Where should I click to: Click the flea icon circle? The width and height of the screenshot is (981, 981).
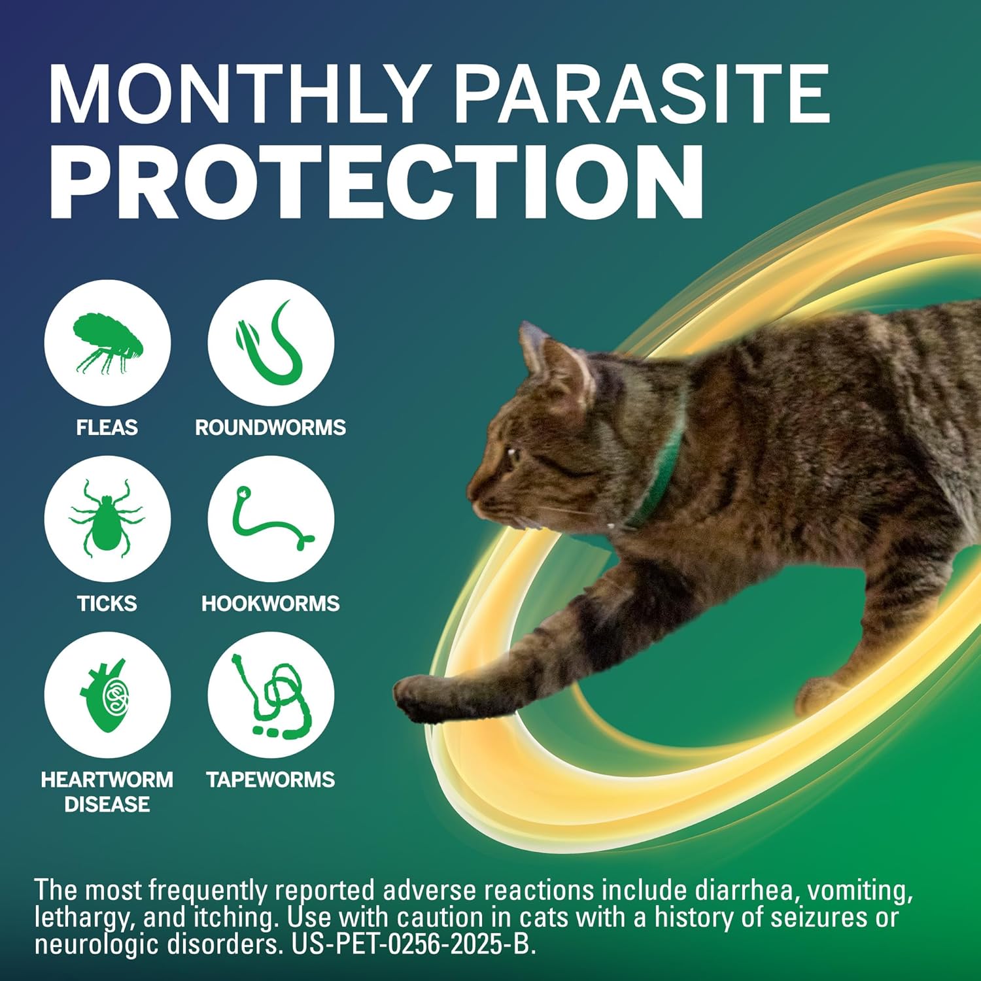point(107,343)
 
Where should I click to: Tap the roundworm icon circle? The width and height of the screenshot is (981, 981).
point(271,343)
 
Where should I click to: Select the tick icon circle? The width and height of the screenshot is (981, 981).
point(107,519)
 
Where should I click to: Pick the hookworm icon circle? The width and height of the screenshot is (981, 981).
point(271,519)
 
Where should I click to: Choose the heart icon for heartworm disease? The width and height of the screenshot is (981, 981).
point(107,695)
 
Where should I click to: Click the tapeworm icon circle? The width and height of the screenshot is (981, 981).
point(271,695)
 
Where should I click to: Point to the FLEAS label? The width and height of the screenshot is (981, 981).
point(107,428)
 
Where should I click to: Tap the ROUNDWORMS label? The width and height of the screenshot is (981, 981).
point(271,428)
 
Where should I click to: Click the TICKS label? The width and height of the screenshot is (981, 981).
point(107,603)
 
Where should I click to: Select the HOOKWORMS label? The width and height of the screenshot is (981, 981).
point(271,603)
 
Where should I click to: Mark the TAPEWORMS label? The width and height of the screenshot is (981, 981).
point(271,780)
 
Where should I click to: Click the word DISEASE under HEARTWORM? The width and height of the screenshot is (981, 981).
point(107,804)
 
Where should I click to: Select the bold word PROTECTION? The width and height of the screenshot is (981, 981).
point(377,181)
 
